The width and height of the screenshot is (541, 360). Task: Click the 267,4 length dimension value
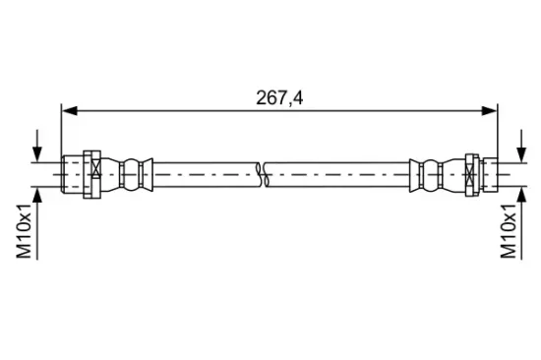point(280,95)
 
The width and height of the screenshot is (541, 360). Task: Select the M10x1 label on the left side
point(24,231)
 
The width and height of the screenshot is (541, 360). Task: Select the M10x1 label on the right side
point(509,231)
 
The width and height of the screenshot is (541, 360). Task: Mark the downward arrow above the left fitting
point(37,150)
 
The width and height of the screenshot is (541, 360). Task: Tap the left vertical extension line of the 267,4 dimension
point(62,133)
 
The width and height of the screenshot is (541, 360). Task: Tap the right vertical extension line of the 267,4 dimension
point(500,133)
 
